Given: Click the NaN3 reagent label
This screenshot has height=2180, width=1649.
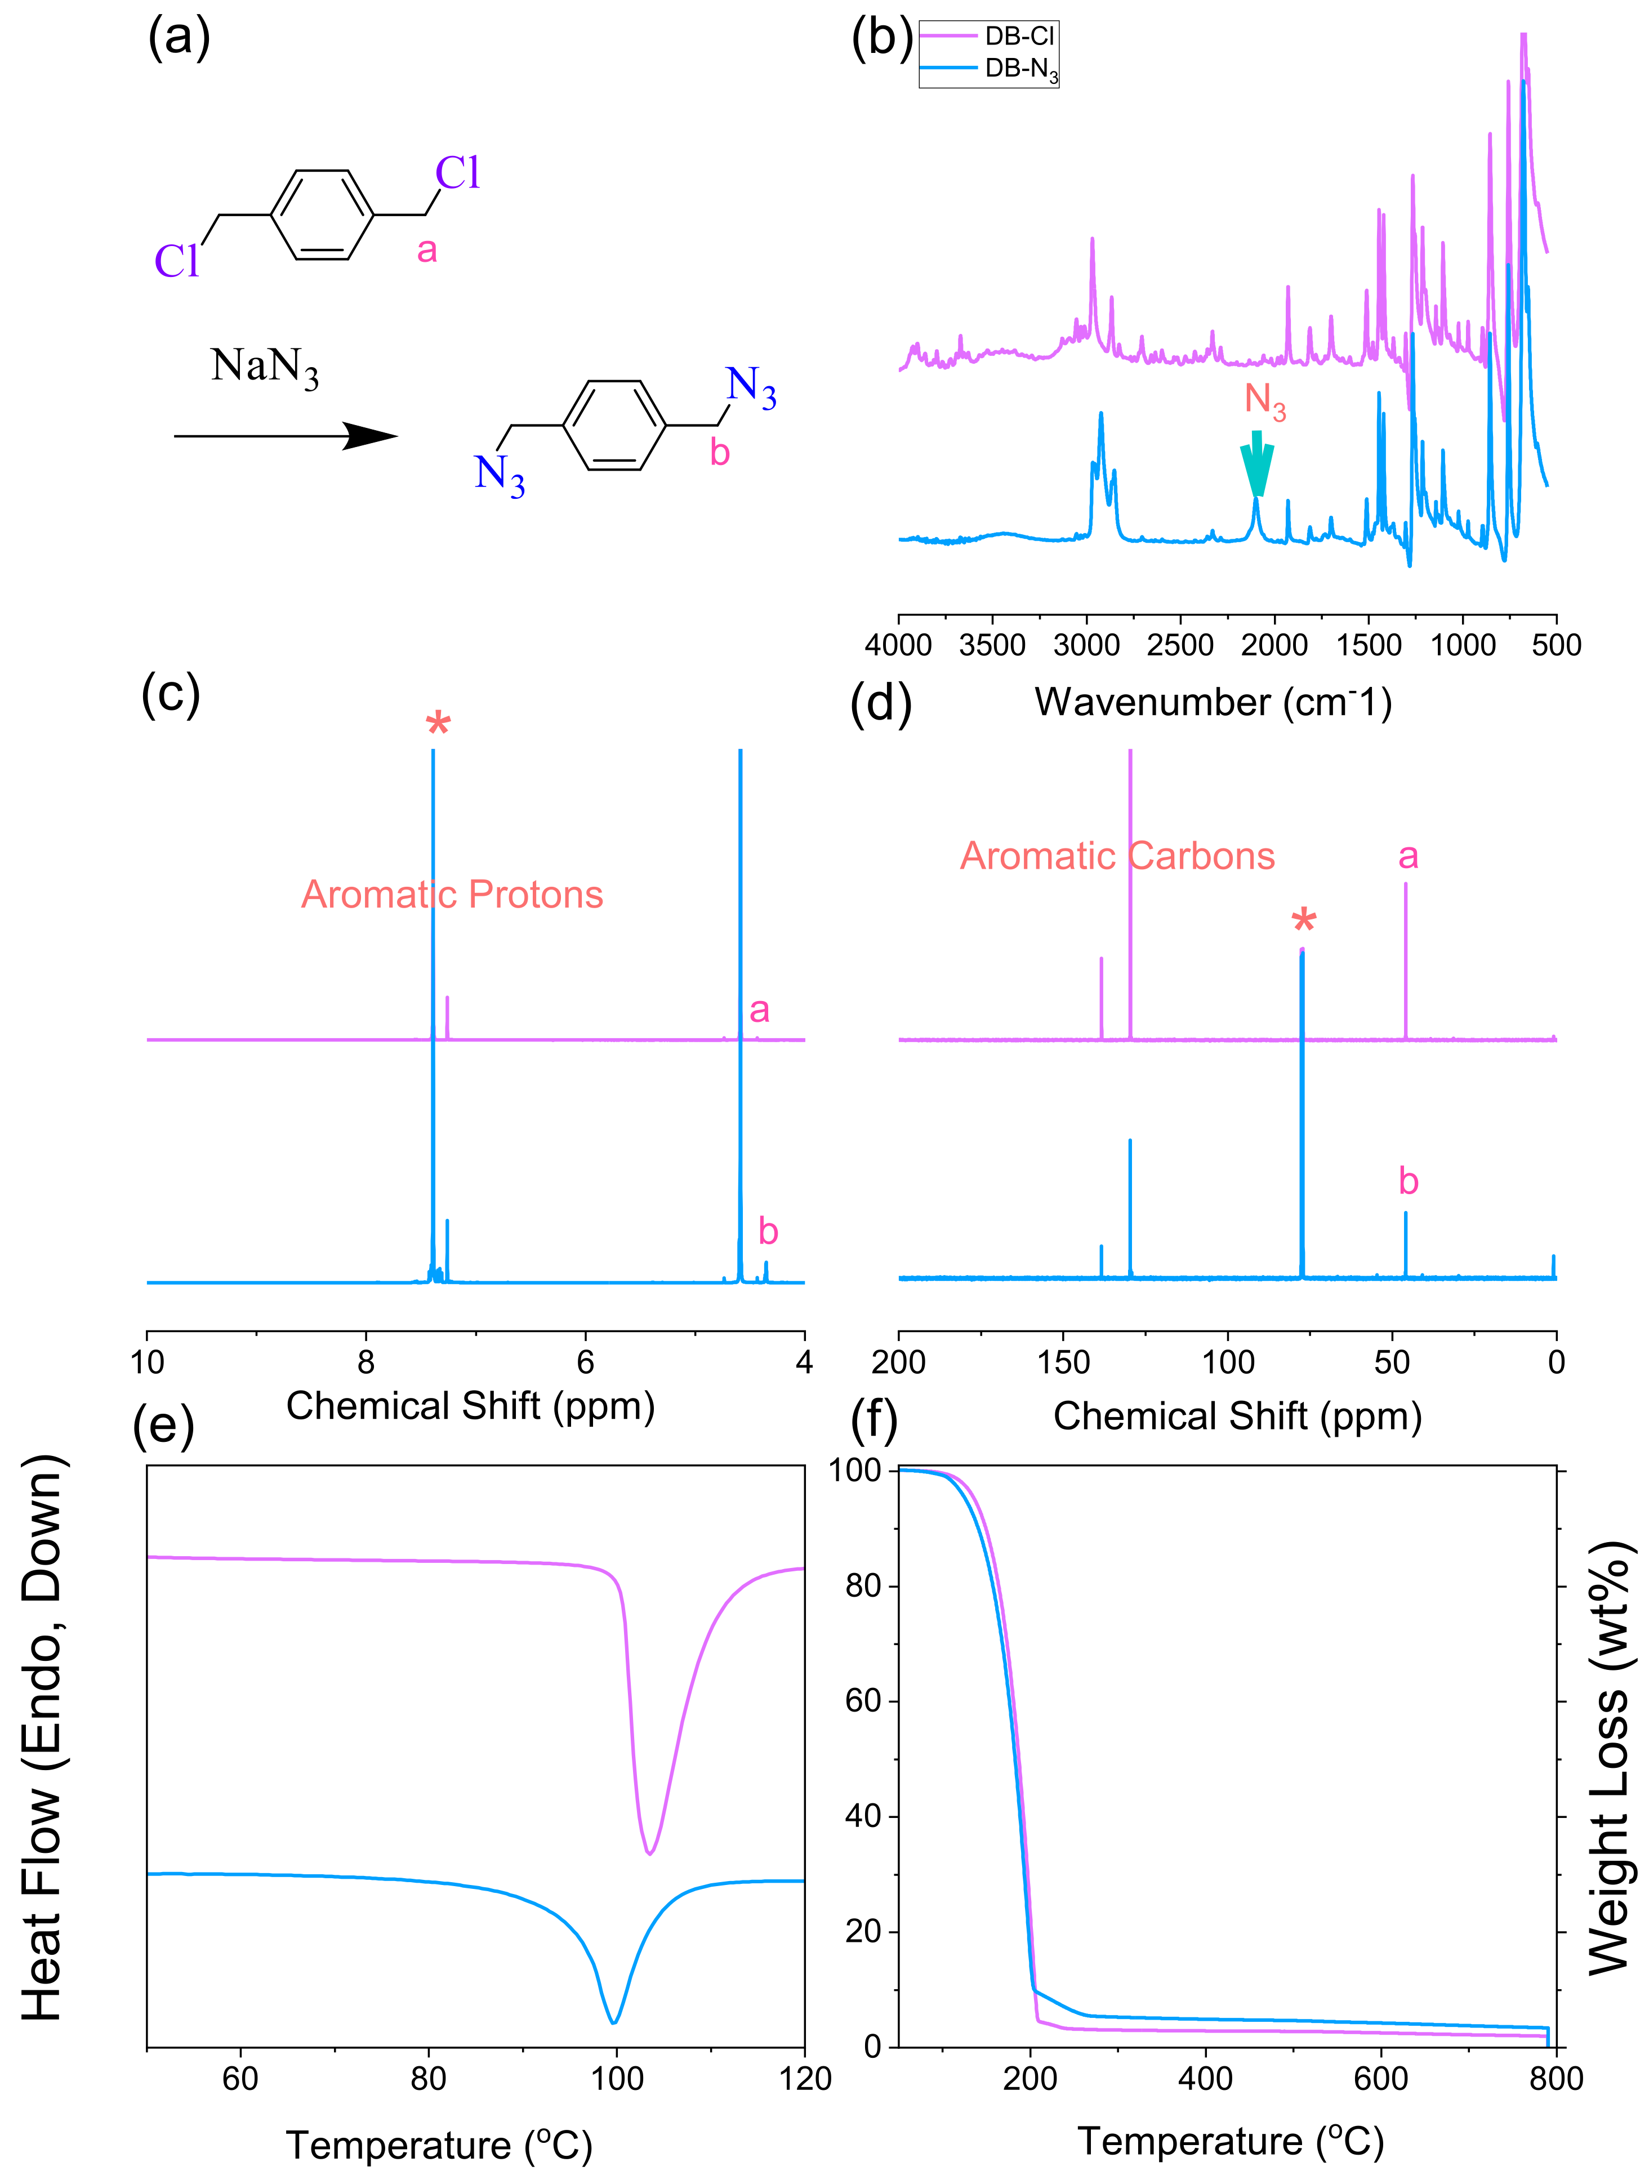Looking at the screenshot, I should coord(264,367).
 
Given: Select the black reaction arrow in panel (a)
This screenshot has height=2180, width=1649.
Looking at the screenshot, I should coord(286,436).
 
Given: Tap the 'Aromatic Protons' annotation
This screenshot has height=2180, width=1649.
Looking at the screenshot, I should coord(452,894).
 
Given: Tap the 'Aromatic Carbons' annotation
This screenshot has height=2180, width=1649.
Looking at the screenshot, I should coord(1117,855).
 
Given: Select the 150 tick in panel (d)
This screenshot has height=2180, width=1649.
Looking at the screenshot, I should coord(1063,1362).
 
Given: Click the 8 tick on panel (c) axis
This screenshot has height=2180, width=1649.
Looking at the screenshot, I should coord(366,1362).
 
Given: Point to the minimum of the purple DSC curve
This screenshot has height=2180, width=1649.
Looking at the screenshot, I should coord(649,1853).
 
